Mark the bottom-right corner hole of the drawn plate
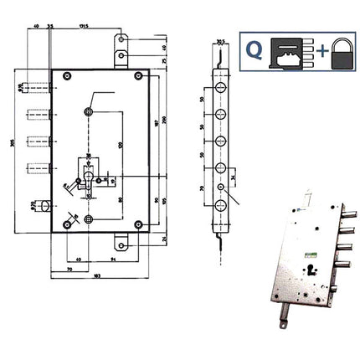137,223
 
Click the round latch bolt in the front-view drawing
41,204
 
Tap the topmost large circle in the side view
221,88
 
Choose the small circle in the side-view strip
222,188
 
